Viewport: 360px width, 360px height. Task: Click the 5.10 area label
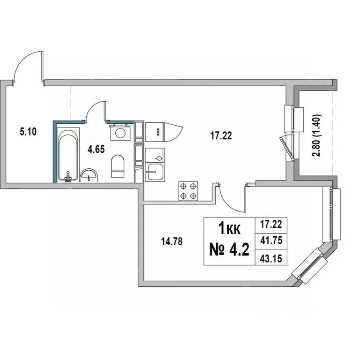pos(29,132)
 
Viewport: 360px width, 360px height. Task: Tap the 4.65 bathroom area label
pos(96,150)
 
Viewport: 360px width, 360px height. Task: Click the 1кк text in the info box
pos(230,228)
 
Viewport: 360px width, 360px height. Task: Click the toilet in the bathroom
pos(118,166)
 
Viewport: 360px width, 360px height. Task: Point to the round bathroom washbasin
pos(90,176)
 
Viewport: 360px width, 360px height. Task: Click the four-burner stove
pos(188,191)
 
